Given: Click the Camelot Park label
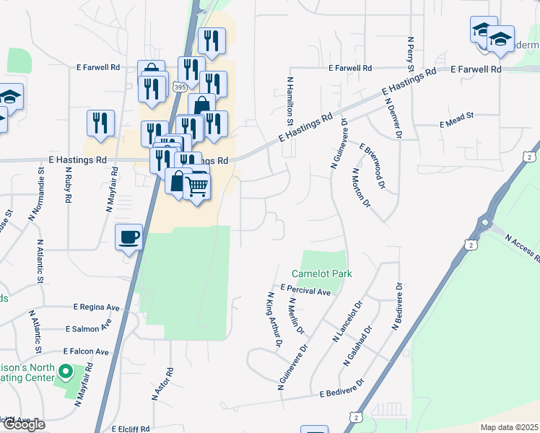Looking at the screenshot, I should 321,274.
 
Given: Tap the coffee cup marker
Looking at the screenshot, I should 129,238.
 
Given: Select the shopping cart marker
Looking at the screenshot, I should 197,188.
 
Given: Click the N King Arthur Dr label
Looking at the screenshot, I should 274,320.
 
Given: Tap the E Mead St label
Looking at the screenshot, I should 456,124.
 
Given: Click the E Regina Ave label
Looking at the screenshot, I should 96,307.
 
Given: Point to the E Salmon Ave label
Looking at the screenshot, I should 88,328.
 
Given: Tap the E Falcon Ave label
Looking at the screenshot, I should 86,351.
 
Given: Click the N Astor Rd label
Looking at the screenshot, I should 160,384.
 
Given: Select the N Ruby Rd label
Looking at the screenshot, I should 69,187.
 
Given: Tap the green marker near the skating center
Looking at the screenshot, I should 66,373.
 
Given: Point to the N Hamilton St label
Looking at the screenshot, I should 290,98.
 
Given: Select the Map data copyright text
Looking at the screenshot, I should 509,427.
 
